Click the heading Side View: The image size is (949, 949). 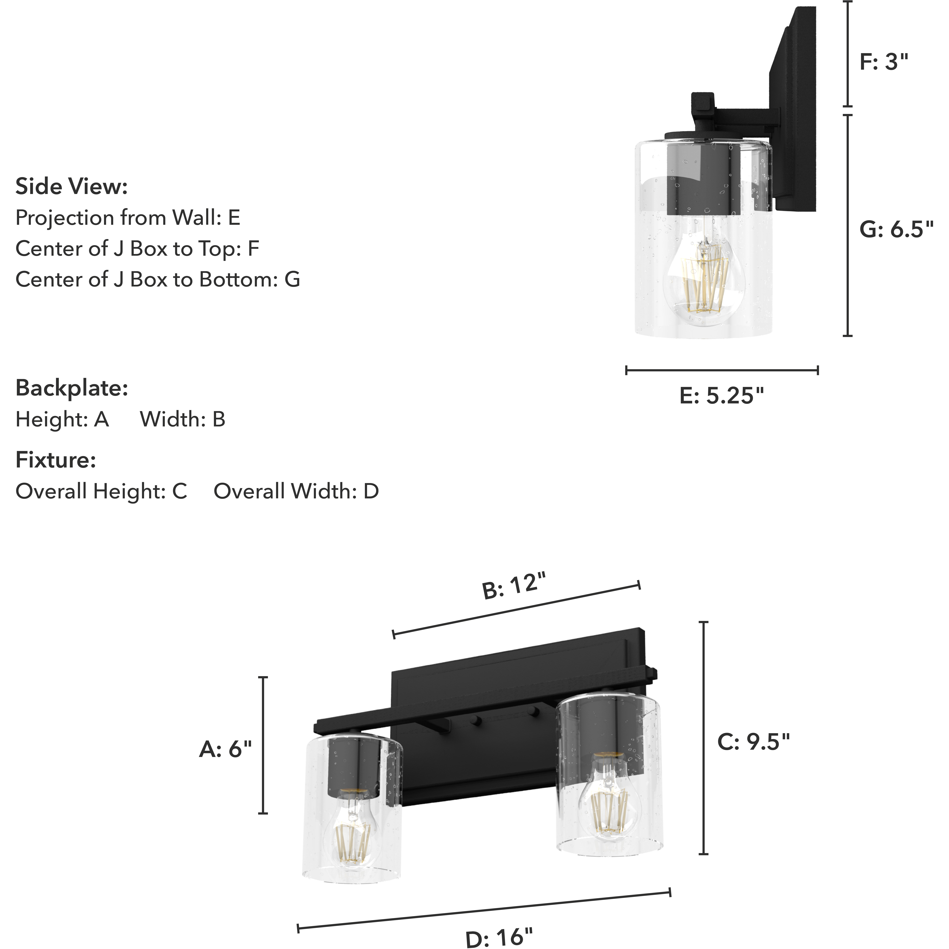coord(72,187)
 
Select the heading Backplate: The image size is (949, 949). coord(72,388)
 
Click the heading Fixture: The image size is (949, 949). coord(55,460)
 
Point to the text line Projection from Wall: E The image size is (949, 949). coord(128,218)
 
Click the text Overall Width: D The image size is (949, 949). coord(296,491)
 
